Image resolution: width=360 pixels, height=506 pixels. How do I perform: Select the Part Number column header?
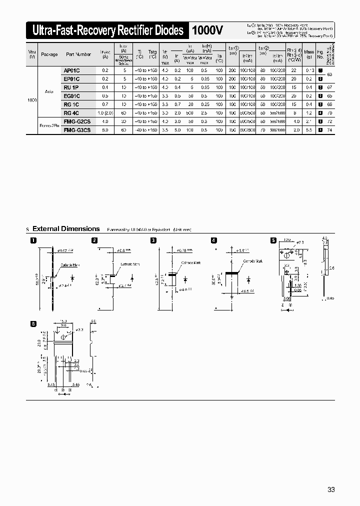(x=77, y=54)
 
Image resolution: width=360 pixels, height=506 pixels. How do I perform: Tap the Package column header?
(x=49, y=54)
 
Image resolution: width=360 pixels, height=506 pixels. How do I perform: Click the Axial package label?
(x=49, y=92)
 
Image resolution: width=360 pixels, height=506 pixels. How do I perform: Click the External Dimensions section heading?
(x=66, y=229)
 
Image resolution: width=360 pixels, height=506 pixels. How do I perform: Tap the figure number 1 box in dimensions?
(x=33, y=240)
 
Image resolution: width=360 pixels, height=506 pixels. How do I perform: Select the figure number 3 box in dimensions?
(x=154, y=240)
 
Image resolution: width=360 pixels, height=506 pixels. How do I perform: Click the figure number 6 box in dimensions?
(x=33, y=323)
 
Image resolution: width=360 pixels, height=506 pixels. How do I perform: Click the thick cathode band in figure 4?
(x=232, y=273)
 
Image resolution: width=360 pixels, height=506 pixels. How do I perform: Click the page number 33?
(x=331, y=489)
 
